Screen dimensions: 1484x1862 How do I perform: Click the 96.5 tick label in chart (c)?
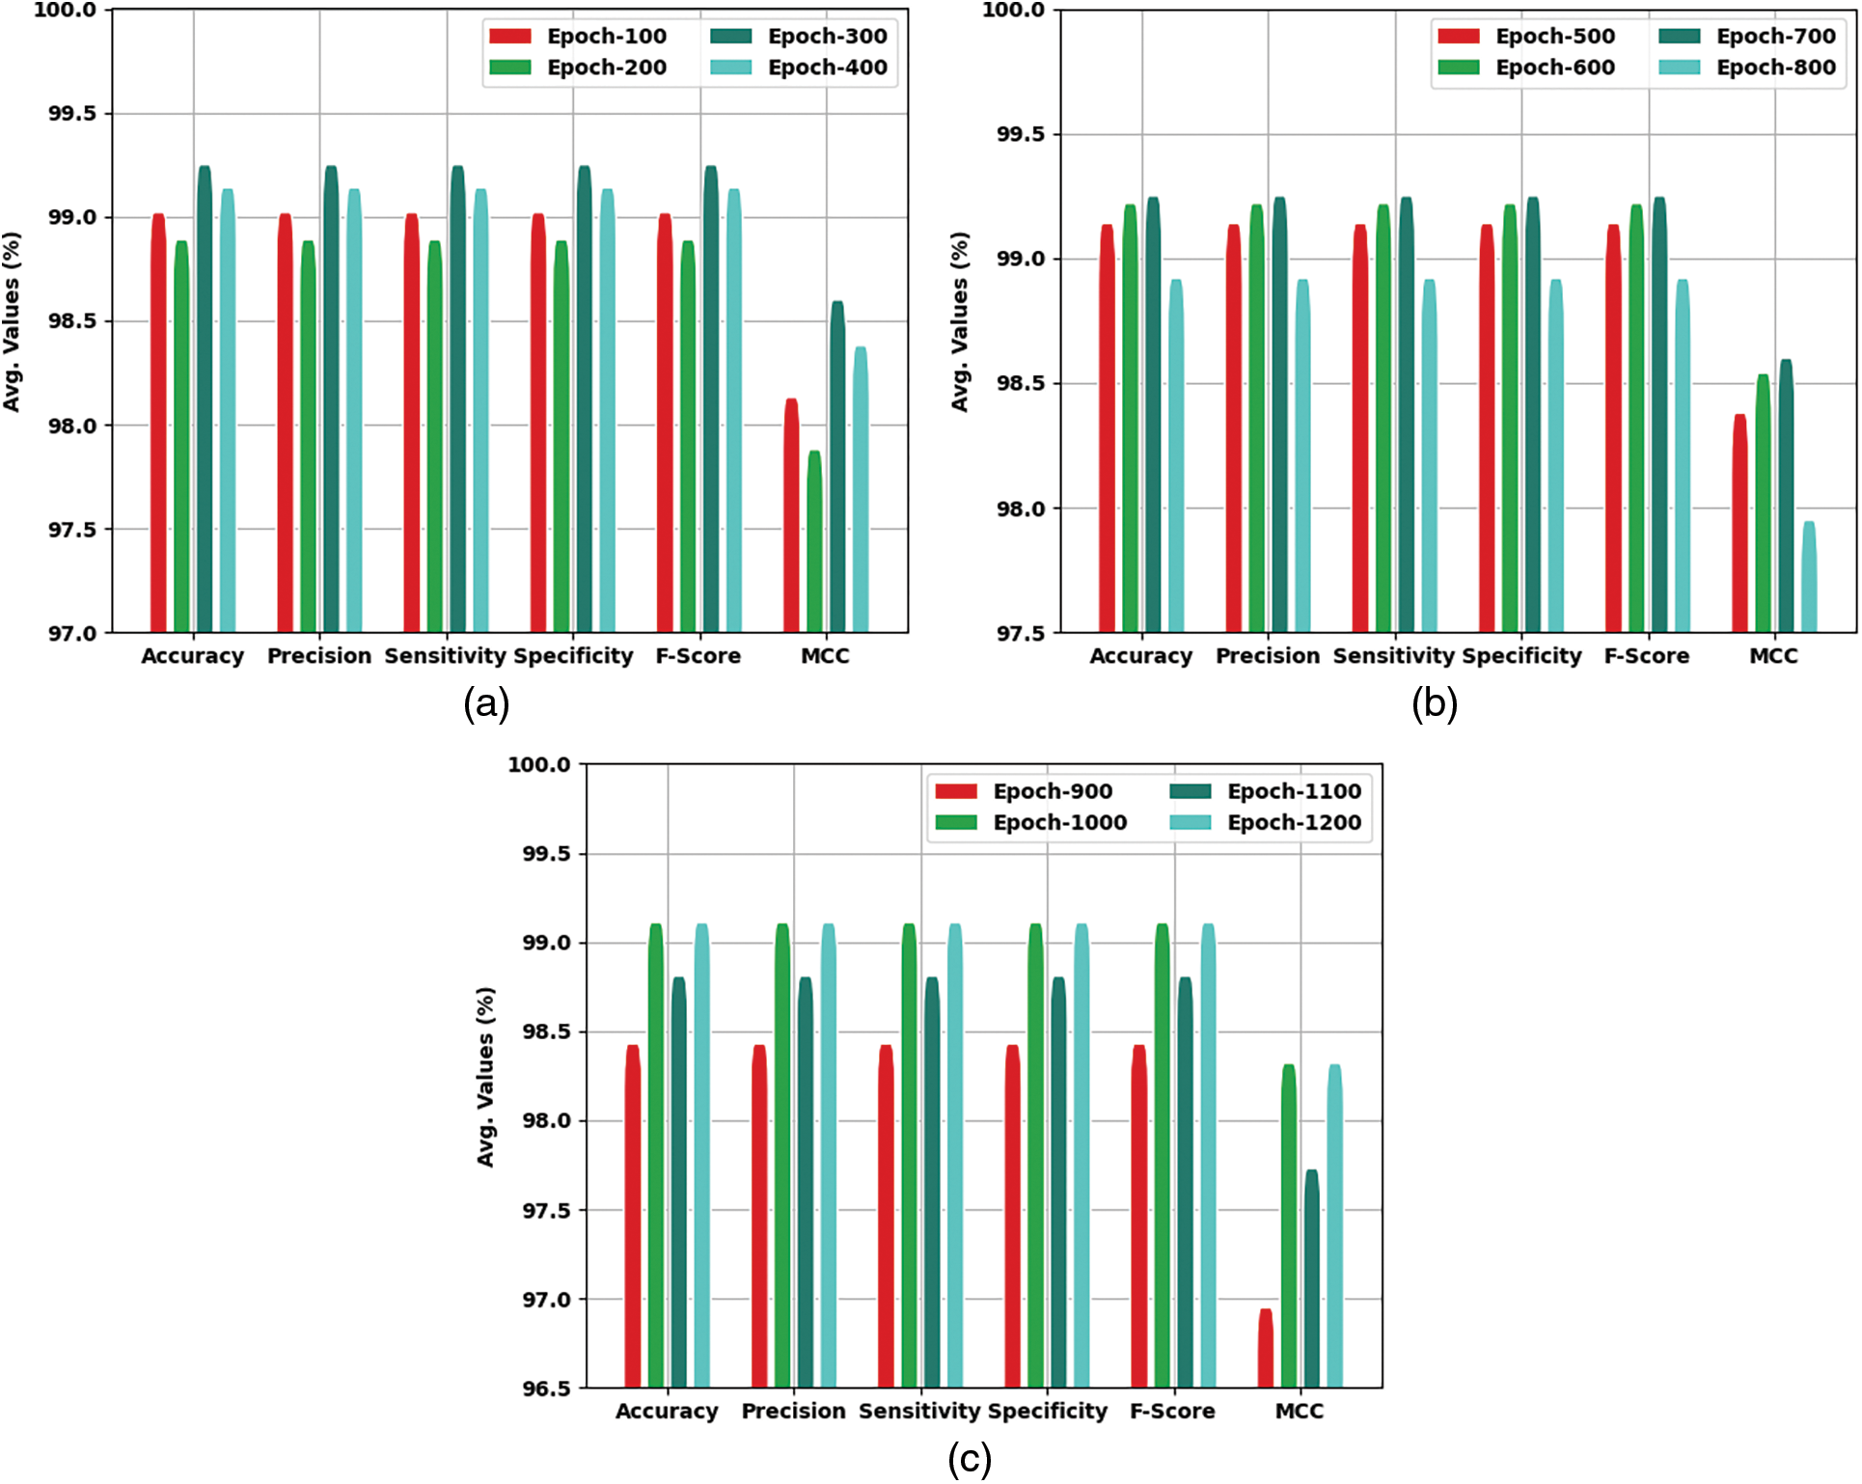pyautogui.click(x=546, y=1389)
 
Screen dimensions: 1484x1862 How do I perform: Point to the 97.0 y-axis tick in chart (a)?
pyautogui.click(x=73, y=634)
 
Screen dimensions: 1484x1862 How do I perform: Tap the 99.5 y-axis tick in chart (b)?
pyautogui.click(x=1022, y=134)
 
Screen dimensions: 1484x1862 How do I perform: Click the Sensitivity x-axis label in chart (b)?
pyautogui.click(x=1393, y=656)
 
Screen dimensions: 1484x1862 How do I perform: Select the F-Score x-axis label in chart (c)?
pyautogui.click(x=1172, y=1412)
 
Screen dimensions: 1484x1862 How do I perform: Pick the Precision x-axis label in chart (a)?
pyautogui.click(x=319, y=656)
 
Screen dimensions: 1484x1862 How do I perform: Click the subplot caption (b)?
pyautogui.click(x=1434, y=703)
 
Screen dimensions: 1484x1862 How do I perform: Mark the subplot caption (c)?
pyautogui.click(x=969, y=1459)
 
